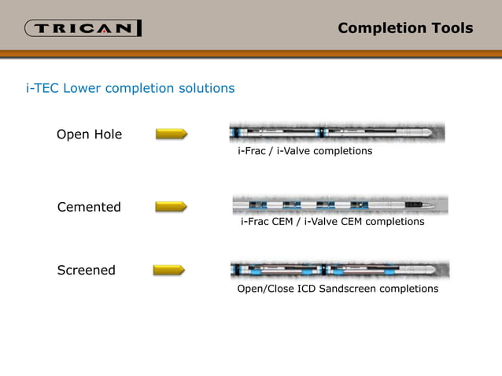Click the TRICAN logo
pyautogui.click(x=83, y=29)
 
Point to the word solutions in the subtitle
pyautogui.click(x=207, y=88)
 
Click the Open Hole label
pyautogui.click(x=89, y=135)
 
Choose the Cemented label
pyautogui.click(x=89, y=207)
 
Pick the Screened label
pyautogui.click(x=87, y=270)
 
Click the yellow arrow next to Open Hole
pyautogui.click(x=172, y=134)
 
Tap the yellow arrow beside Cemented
pyautogui.click(x=172, y=206)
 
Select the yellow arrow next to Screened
pyautogui.click(x=168, y=270)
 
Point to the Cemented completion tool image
pyautogui.click(x=340, y=205)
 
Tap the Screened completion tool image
pyautogui.click(x=340, y=271)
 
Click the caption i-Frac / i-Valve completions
pyautogui.click(x=305, y=150)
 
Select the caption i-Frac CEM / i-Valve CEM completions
pyautogui.click(x=332, y=222)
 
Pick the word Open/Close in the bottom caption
pyautogui.click(x=264, y=289)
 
